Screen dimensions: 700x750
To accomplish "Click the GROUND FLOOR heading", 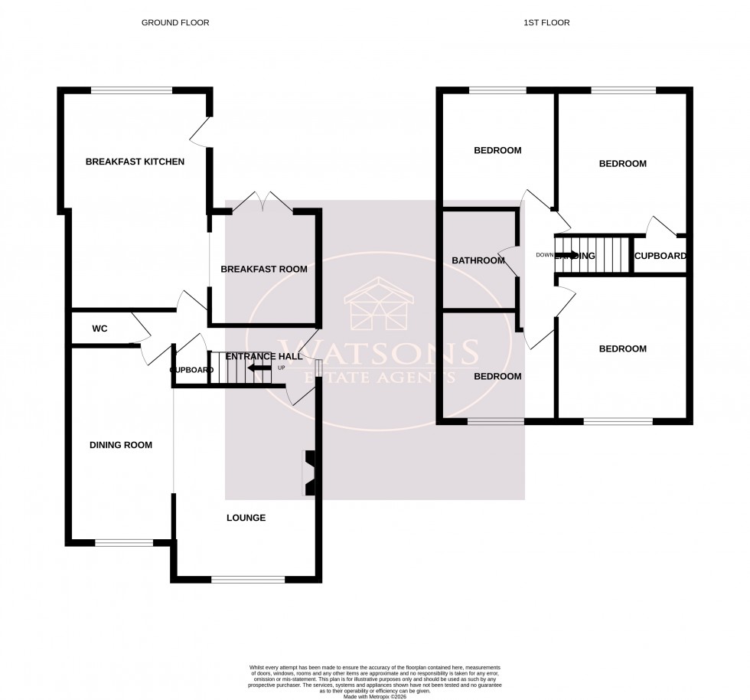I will pos(175,23).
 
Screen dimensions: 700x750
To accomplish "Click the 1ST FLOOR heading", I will pos(547,23).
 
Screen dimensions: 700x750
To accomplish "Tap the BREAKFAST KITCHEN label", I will pos(135,162).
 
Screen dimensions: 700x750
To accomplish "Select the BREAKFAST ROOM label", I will pos(264,269).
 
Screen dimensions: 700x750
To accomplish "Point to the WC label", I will pos(99,329).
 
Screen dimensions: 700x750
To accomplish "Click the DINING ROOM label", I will pos(121,445).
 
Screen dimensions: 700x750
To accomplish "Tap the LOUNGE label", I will pos(246,518).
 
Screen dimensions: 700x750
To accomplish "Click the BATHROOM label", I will pos(478,260).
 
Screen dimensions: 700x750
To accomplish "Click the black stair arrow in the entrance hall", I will pos(260,368).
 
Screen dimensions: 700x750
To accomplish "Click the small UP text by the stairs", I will pos(281,368).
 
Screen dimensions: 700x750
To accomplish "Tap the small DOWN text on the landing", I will pos(544,255).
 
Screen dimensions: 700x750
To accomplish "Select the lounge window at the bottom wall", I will pos(248,579).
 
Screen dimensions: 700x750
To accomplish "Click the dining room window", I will pos(123,543).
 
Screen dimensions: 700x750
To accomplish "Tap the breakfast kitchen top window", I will pos(132,90).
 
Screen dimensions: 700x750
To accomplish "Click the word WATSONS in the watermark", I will pos(378,354).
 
